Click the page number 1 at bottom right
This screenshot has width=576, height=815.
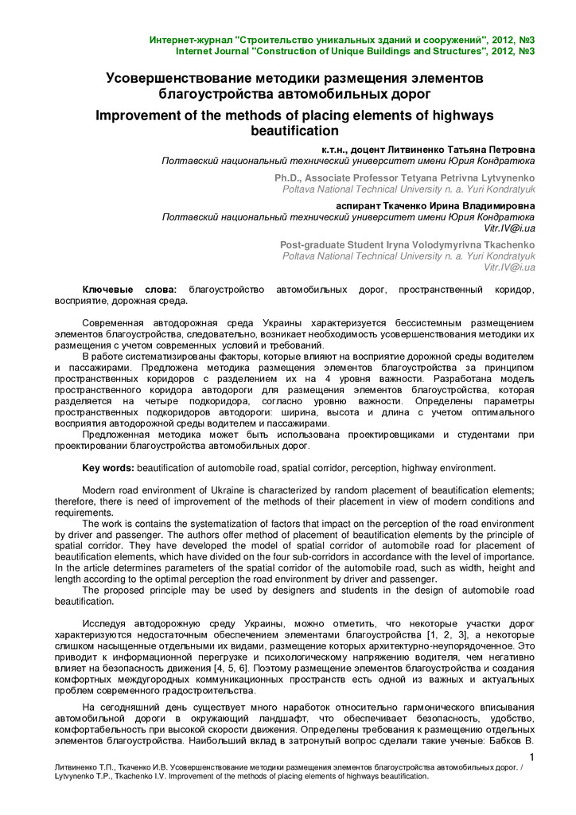click(531, 756)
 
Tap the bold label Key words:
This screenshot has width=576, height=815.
click(109, 468)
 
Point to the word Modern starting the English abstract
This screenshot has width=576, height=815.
click(102, 489)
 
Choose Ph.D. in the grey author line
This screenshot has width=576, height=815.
click(289, 177)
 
